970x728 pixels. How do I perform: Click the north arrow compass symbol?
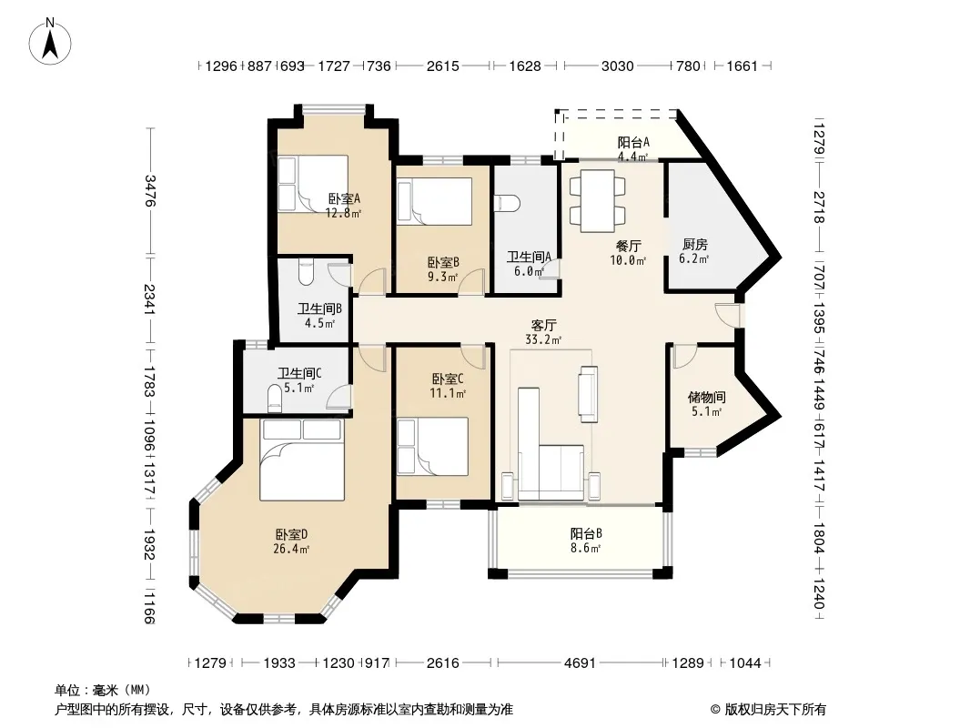pyautogui.click(x=50, y=42)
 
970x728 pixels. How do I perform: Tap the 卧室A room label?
pyautogui.click(x=344, y=199)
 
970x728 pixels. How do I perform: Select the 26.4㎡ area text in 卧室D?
pyautogui.click(x=291, y=549)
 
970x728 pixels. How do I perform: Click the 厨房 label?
pyautogui.click(x=694, y=245)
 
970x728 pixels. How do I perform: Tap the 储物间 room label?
pyautogui.click(x=706, y=397)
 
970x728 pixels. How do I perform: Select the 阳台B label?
pyautogui.click(x=586, y=534)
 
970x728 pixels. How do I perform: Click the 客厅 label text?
pyautogui.click(x=544, y=326)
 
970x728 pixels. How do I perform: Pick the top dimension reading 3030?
pyautogui.click(x=617, y=66)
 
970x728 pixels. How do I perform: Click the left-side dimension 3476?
pyautogui.click(x=149, y=190)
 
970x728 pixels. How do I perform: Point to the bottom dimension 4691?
pyautogui.click(x=580, y=663)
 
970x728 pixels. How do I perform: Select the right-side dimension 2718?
pyautogui.click(x=819, y=207)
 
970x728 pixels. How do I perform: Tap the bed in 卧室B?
pyautogui.click(x=435, y=202)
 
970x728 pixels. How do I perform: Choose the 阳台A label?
pyautogui.click(x=633, y=142)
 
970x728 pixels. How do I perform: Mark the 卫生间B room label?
pyautogui.click(x=319, y=308)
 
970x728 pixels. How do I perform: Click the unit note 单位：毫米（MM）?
pyautogui.click(x=103, y=691)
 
